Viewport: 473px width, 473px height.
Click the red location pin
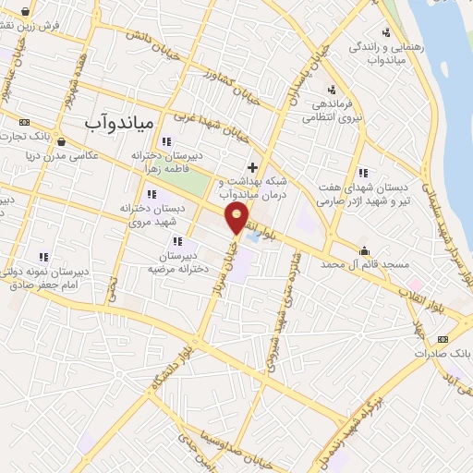[x=237, y=218]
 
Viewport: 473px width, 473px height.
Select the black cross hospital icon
[x=252, y=166]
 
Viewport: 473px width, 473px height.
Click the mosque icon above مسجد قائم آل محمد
[x=365, y=250]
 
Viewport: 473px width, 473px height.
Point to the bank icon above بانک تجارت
[x=23, y=122]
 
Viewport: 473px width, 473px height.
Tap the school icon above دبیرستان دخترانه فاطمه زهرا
[x=166, y=141]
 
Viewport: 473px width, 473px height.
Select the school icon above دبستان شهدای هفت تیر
[x=363, y=172]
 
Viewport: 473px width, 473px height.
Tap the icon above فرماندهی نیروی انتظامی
[x=331, y=90]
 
